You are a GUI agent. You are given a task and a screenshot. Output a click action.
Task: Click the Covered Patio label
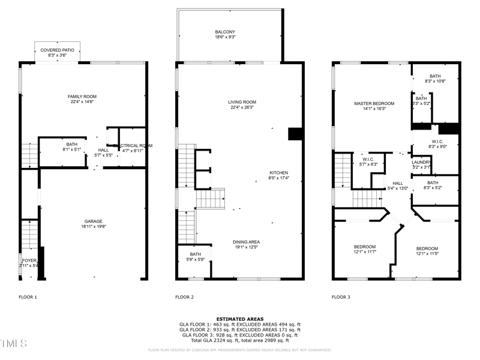click(x=58, y=50)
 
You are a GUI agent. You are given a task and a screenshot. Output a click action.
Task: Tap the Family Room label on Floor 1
click(x=82, y=97)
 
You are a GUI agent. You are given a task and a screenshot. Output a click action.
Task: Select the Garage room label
click(x=93, y=221)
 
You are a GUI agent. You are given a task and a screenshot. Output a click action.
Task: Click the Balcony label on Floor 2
click(x=225, y=32)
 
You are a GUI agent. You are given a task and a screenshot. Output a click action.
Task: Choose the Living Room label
click(x=242, y=102)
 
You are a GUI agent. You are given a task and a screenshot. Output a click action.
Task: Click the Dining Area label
click(x=246, y=242)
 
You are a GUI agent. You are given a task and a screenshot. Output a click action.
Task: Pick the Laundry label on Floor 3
click(x=421, y=162)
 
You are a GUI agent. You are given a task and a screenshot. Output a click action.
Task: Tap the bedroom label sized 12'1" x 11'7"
click(x=364, y=247)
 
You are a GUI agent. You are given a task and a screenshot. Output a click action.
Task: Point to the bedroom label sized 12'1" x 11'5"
click(x=427, y=248)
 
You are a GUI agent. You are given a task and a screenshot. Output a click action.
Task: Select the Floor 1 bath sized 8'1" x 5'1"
click(x=71, y=144)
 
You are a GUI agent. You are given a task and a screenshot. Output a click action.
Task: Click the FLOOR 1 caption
click(x=28, y=297)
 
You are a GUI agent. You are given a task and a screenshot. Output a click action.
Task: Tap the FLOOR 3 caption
click(x=341, y=297)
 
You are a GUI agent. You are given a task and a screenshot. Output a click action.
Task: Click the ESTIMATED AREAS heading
click(x=239, y=319)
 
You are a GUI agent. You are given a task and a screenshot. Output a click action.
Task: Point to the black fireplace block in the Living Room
click(x=295, y=134)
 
